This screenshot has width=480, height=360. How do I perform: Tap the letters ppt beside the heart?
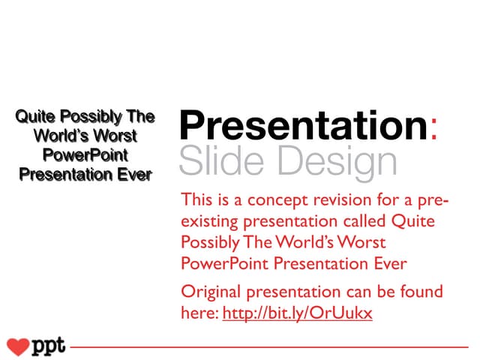coord(49,346)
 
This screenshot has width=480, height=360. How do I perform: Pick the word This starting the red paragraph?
coord(197,202)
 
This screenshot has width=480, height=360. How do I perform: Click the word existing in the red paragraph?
coord(209,223)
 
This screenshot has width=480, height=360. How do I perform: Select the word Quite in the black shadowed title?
coord(36,117)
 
